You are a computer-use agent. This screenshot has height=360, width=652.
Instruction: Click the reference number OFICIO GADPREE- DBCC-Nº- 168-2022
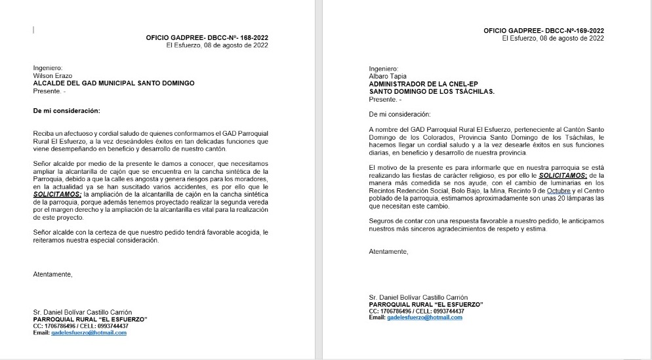pos(207,37)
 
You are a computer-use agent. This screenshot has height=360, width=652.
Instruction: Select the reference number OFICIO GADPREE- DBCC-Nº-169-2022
pos(544,30)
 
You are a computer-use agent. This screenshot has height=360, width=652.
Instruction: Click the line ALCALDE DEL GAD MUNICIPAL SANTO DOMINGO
pos(114,83)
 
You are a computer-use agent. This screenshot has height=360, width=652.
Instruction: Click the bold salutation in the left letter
pos(67,111)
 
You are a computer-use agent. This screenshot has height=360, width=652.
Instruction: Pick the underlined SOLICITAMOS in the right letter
pos(562,176)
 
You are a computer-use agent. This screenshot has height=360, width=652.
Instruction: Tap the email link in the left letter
pos(89,332)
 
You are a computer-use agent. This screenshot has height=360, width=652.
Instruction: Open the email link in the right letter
pos(424,317)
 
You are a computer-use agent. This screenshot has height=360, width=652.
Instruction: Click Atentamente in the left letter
pos(52,274)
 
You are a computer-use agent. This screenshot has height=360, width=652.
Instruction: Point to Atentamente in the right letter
pos(388,251)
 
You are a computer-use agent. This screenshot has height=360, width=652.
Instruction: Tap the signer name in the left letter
pos(83,311)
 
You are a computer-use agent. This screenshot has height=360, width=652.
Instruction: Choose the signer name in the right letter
pos(418,297)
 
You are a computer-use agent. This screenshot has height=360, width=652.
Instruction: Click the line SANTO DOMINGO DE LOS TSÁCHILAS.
pos(432,92)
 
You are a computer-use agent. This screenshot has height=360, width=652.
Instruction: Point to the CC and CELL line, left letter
pos(81,326)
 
